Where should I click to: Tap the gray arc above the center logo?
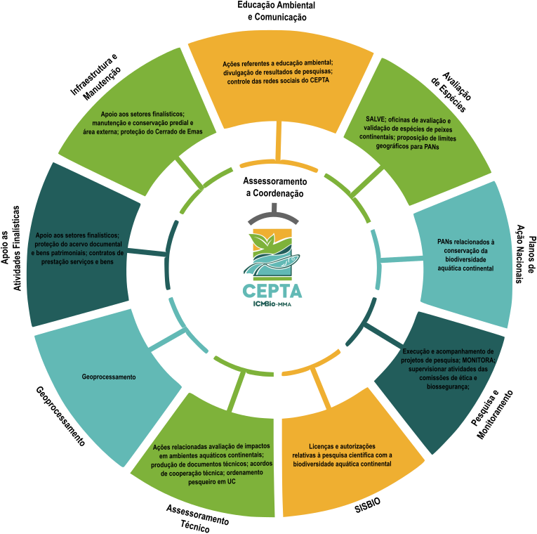point(273,213)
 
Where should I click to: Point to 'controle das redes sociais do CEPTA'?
point(279,82)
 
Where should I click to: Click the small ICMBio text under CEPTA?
point(272,304)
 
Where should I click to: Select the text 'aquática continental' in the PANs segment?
point(465,268)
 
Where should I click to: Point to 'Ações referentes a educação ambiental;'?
point(278,63)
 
